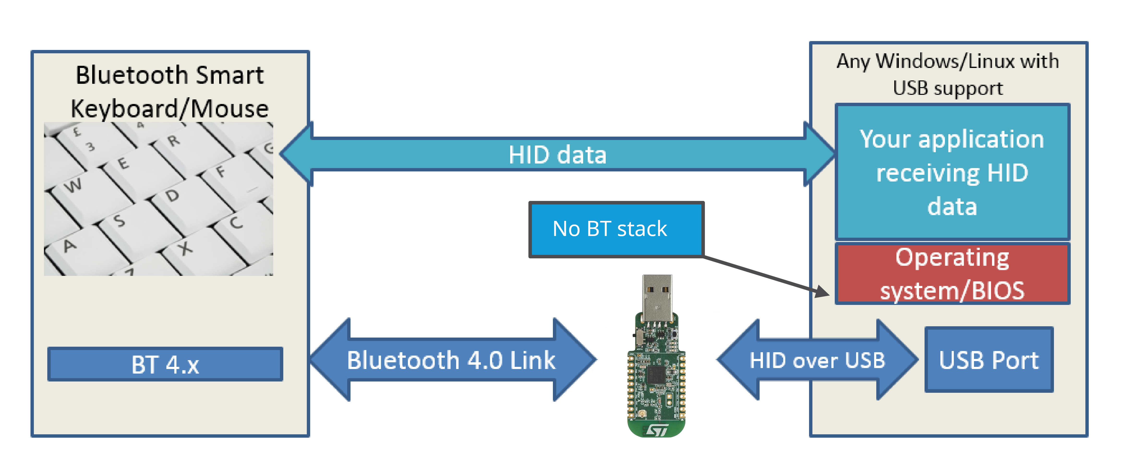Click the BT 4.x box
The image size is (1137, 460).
point(165,364)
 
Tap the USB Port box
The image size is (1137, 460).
point(989,360)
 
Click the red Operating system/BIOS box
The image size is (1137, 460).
point(952,274)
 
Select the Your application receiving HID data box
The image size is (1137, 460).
point(952,172)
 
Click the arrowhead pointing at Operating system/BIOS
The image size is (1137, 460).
point(822,292)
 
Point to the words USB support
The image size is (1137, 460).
point(948,88)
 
